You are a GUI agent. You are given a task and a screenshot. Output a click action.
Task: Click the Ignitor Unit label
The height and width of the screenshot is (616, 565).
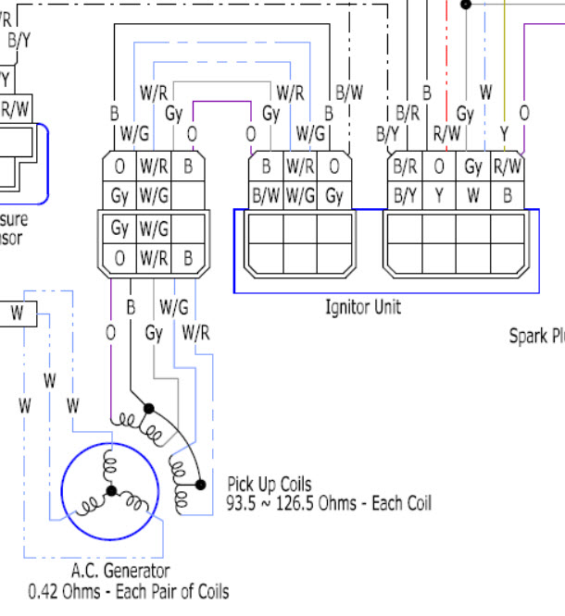click(x=363, y=306)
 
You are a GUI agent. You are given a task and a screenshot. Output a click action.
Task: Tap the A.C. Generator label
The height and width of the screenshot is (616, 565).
click(x=120, y=572)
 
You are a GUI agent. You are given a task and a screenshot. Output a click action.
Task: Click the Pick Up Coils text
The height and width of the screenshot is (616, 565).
click(x=270, y=485)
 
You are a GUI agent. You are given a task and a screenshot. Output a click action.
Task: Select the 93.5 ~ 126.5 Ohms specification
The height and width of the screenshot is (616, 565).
click(x=329, y=504)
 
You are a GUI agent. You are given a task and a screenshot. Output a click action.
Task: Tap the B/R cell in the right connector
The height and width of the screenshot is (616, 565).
click(x=405, y=167)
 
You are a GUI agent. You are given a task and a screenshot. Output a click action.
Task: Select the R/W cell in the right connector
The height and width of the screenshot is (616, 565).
click(x=507, y=167)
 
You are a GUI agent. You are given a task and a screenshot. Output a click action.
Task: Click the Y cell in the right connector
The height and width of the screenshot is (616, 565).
click(x=439, y=195)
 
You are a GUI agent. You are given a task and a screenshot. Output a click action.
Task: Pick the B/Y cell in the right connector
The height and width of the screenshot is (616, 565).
click(x=405, y=195)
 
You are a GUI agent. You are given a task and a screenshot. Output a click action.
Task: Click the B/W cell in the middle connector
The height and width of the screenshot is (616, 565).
click(x=266, y=195)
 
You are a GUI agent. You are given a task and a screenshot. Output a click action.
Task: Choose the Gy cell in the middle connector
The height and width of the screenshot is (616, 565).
click(x=334, y=195)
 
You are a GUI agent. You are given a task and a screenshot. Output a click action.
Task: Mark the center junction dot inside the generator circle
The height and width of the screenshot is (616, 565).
click(x=111, y=491)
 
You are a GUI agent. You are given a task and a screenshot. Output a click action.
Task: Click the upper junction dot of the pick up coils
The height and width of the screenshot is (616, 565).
click(x=147, y=408)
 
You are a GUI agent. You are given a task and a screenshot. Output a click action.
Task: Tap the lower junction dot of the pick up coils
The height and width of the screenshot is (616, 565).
click(x=201, y=484)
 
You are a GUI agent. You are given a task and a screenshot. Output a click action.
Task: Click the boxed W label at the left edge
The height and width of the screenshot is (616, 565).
click(x=17, y=314)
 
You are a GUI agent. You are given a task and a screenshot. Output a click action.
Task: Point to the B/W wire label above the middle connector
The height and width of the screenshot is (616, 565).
click(x=349, y=92)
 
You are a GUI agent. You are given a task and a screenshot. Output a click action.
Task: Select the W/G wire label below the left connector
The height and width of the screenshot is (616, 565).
click(x=173, y=306)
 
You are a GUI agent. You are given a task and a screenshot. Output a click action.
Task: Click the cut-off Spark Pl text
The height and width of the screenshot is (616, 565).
click(x=536, y=337)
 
